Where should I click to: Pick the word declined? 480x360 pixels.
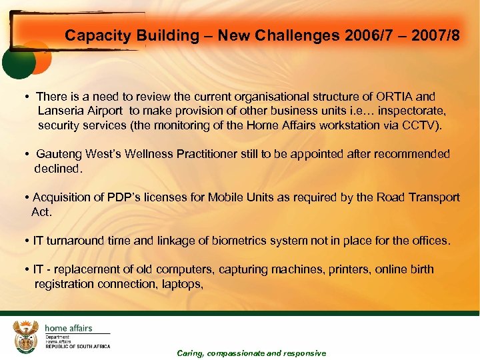point(58,168)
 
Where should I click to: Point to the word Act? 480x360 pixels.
point(41,211)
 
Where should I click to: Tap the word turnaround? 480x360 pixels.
point(75,240)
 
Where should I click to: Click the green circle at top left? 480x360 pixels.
point(18,64)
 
